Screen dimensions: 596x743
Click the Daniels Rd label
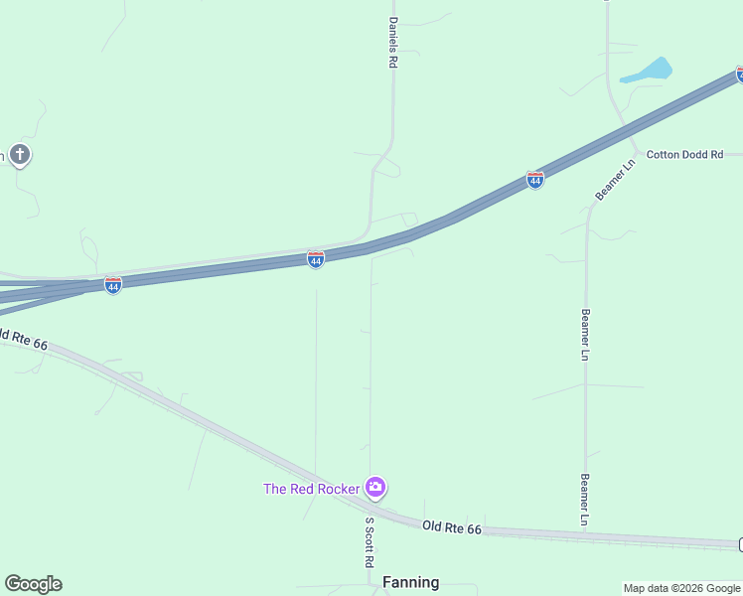(x=393, y=42)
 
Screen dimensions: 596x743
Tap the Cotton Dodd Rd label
(x=685, y=154)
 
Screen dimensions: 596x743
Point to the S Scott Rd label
(x=369, y=541)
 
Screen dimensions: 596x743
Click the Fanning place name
(x=410, y=583)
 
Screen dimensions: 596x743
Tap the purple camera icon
(x=375, y=487)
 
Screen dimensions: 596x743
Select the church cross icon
(x=20, y=155)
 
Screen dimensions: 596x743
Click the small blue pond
(x=650, y=72)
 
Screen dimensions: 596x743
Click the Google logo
(x=33, y=584)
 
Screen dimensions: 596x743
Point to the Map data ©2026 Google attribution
(x=681, y=588)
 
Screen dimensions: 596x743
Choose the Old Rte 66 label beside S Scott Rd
(x=451, y=528)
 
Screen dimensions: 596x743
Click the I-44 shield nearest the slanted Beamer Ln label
(x=535, y=180)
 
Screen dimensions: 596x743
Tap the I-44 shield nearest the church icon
(x=113, y=286)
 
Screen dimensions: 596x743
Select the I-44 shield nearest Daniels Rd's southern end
(x=316, y=259)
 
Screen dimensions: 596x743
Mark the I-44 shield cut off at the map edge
(x=739, y=74)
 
